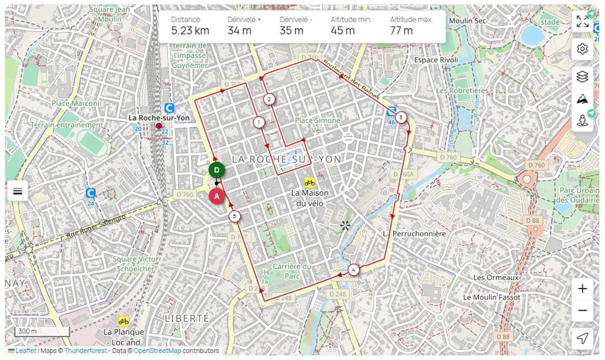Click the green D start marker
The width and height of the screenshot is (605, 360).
[217, 170]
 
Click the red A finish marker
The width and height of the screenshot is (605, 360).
[217, 196]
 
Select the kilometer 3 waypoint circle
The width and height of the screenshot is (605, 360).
[401, 117]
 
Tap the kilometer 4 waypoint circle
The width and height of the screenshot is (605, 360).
[353, 269]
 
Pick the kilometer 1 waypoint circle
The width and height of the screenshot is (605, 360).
[258, 122]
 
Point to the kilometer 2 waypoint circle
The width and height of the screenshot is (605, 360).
[269, 99]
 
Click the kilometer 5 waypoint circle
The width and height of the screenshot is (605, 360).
[235, 217]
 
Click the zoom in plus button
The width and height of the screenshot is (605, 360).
[582, 289]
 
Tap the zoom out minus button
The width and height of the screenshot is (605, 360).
[582, 311]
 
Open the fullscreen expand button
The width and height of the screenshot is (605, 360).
[582, 22]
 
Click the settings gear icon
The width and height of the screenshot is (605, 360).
[582, 49]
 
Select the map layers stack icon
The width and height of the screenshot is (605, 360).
[582, 76]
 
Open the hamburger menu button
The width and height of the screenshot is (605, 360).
[18, 191]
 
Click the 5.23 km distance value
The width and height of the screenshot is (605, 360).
[190, 31]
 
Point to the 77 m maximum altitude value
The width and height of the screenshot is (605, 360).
[401, 31]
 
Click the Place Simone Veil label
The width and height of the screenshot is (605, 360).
[318, 124]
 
